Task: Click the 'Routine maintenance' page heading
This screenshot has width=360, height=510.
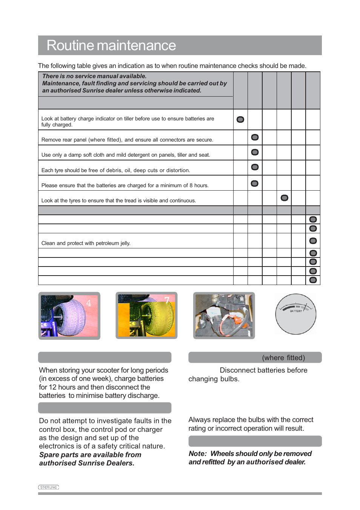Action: [x=111, y=46]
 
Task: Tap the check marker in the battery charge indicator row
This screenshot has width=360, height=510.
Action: [x=240, y=120]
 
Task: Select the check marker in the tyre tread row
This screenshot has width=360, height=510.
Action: [x=285, y=198]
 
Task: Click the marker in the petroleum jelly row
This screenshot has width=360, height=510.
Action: [x=313, y=241]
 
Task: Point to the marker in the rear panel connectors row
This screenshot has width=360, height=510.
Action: [x=255, y=137]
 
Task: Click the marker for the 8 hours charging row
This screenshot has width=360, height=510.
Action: [x=255, y=183]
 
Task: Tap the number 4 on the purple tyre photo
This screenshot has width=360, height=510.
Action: [x=89, y=303]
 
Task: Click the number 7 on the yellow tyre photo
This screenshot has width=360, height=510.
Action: [x=167, y=300]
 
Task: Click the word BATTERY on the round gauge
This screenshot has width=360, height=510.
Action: [x=296, y=311]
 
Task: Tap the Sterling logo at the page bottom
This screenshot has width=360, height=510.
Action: [x=49, y=487]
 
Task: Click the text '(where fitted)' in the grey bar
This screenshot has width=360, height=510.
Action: [x=283, y=357]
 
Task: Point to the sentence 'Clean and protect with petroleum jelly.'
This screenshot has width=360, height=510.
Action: [x=86, y=243]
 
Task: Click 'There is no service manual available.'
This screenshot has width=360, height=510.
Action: [x=94, y=76]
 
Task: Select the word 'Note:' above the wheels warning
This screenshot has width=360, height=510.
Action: [x=198, y=453]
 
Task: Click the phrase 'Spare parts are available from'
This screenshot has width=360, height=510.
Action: [x=90, y=455]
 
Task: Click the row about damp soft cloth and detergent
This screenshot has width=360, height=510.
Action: [x=126, y=155]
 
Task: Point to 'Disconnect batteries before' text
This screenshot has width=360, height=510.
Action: [x=263, y=370]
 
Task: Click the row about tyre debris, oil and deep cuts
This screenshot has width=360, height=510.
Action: [x=115, y=170]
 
